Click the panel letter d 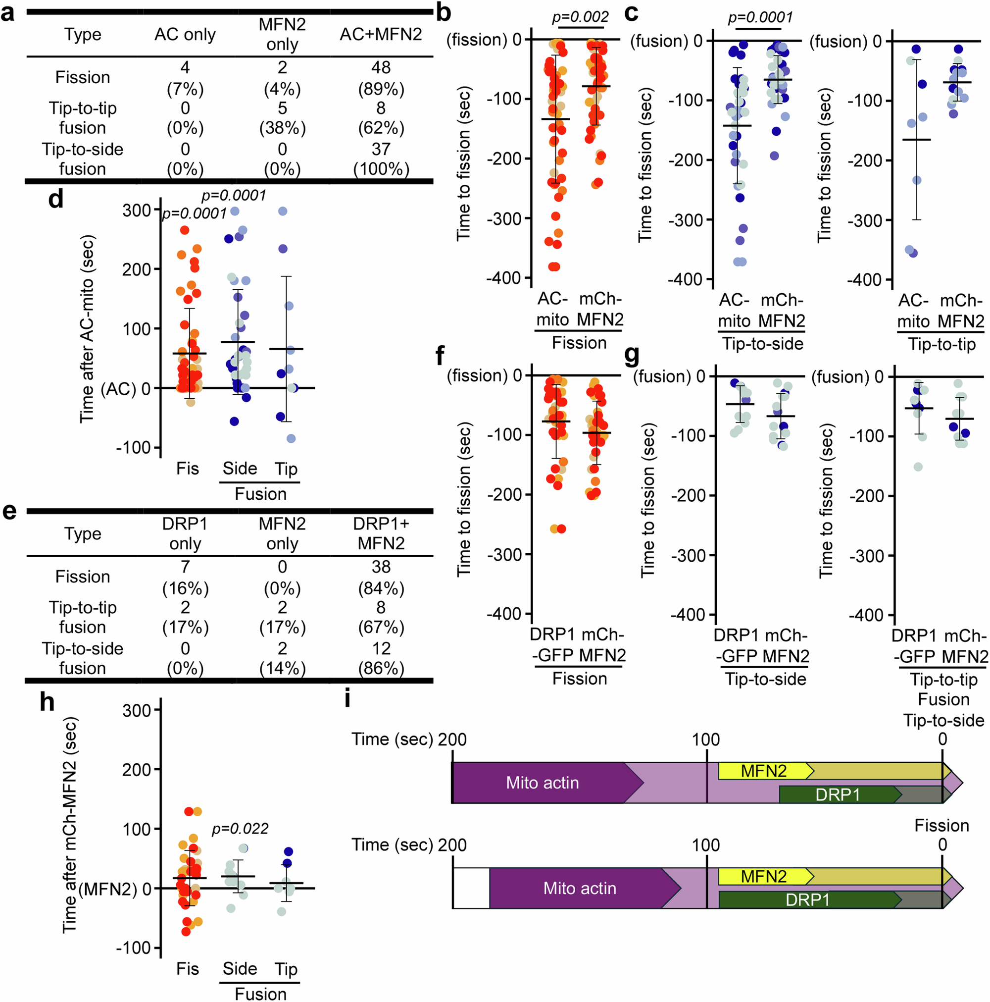(x=55, y=199)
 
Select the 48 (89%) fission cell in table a (x=381, y=78)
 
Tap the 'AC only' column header (x=185, y=34)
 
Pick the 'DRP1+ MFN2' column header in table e (x=381, y=533)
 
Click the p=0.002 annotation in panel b (x=580, y=17)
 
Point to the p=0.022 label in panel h (x=240, y=828)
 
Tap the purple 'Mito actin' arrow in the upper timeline (x=542, y=783)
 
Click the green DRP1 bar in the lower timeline (x=807, y=899)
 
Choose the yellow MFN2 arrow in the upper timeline (x=763, y=771)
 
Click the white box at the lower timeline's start (x=471, y=888)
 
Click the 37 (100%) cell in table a (x=381, y=159)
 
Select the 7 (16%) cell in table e (x=185, y=577)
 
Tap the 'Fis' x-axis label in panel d (x=187, y=469)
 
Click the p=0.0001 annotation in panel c (x=760, y=18)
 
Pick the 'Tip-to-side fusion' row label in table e (x=83, y=658)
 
